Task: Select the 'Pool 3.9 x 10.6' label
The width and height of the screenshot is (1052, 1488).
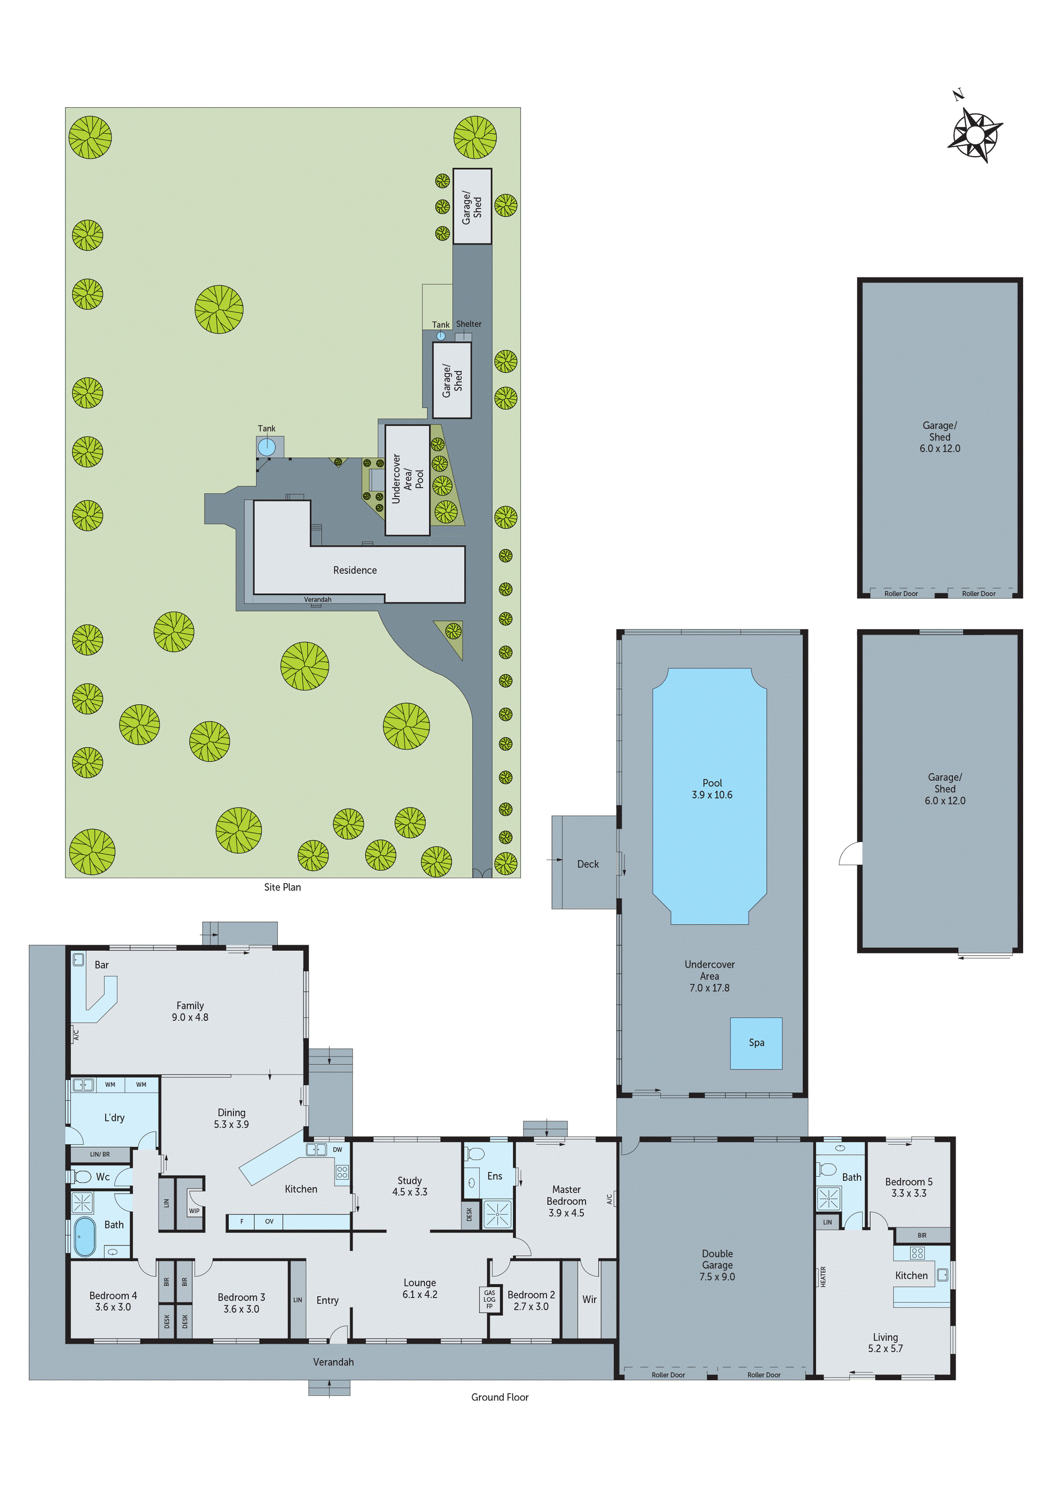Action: (712, 789)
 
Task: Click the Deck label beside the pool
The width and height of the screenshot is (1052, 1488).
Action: (588, 864)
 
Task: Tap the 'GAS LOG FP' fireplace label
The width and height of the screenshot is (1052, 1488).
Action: (490, 1299)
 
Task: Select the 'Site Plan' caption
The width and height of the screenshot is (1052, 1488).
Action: (282, 887)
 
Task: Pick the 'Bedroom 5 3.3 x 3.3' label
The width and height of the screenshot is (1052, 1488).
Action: (909, 1187)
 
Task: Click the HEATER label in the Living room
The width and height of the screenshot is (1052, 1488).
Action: (823, 1277)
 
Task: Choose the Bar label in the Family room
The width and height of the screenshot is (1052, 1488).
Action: (102, 965)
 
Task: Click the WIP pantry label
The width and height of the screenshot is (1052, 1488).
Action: (194, 1211)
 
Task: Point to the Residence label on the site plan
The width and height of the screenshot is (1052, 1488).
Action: (355, 571)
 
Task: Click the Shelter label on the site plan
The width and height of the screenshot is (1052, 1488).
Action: (469, 324)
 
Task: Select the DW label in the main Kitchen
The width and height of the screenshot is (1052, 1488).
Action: (338, 1150)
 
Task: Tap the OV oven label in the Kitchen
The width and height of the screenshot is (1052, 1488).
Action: (269, 1222)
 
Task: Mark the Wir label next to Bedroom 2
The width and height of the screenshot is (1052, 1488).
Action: (589, 1299)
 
